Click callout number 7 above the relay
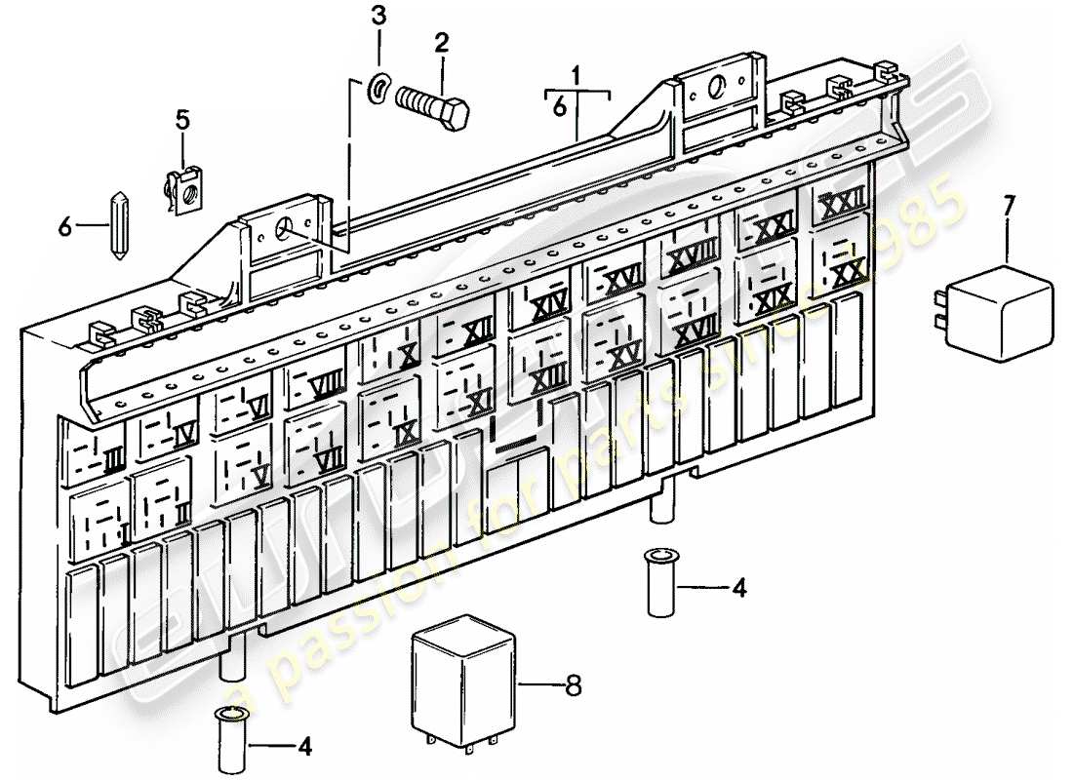(1009, 205)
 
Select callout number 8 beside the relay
(574, 686)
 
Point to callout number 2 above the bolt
(441, 43)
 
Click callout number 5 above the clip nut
(182, 121)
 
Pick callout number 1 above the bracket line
(576, 74)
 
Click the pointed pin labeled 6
(118, 226)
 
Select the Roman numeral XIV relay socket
(545, 308)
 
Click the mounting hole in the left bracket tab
(286, 230)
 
